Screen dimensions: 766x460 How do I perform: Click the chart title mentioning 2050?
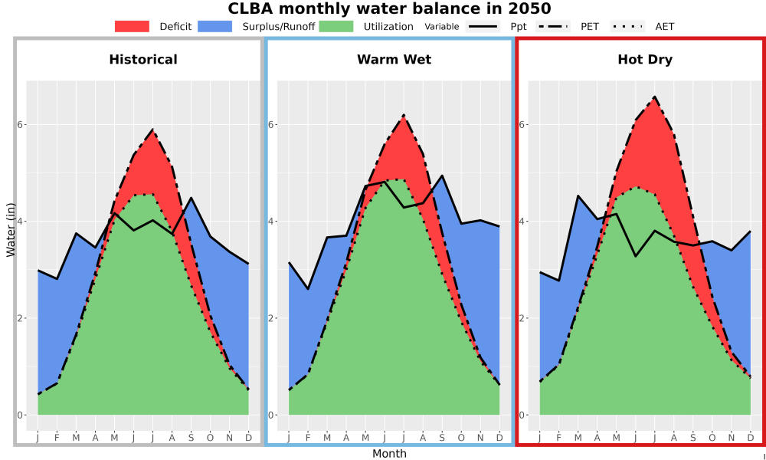pyautogui.click(x=389, y=8)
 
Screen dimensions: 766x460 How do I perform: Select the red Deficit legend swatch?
pyautogui.click(x=132, y=26)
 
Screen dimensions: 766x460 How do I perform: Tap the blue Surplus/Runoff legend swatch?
pyautogui.click(x=215, y=26)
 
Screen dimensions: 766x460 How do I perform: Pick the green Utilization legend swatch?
pyautogui.click(x=336, y=26)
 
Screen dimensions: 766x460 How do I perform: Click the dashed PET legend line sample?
pyautogui.click(x=553, y=26)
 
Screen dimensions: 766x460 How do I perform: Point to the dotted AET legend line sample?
pyautogui.click(x=627, y=26)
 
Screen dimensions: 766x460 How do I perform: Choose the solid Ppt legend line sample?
pyautogui.click(x=483, y=26)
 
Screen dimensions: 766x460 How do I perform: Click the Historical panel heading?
pyautogui.click(x=143, y=60)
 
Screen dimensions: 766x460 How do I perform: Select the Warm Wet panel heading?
pyautogui.click(x=394, y=60)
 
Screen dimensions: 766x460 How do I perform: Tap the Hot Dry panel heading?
pyautogui.click(x=645, y=60)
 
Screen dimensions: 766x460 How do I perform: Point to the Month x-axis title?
pyautogui.click(x=389, y=454)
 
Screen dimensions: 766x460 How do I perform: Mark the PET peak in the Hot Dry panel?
pyautogui.click(x=655, y=97)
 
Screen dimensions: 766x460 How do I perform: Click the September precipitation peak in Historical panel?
pyautogui.click(x=191, y=198)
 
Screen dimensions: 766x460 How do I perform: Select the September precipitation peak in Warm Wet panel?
pyautogui.click(x=442, y=175)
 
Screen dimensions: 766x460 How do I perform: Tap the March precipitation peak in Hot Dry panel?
pyautogui.click(x=578, y=195)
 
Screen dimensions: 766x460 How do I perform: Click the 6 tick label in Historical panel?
pyautogui.click(x=21, y=125)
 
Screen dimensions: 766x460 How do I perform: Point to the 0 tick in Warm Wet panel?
pyautogui.click(x=272, y=415)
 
